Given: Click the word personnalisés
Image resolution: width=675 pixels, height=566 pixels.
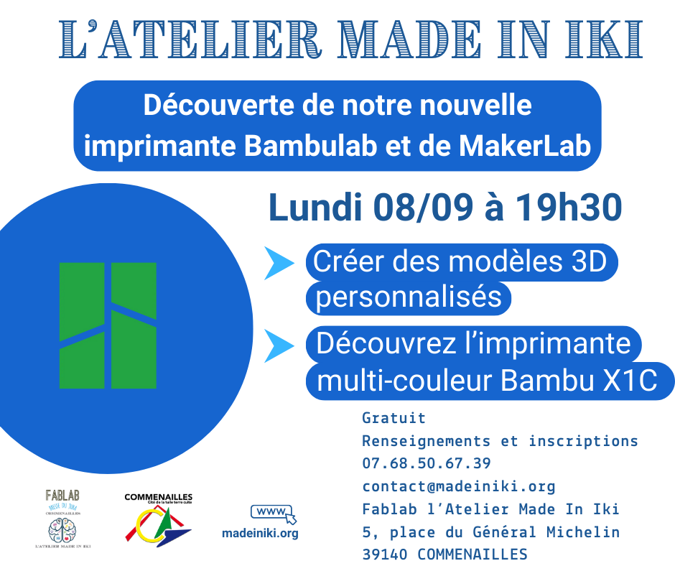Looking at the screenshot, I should [409, 296].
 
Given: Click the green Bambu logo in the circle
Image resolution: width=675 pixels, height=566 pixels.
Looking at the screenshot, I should [108, 325].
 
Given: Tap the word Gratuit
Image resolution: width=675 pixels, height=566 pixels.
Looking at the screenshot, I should [394, 418].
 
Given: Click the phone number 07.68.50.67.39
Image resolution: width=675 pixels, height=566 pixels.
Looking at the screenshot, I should [427, 464].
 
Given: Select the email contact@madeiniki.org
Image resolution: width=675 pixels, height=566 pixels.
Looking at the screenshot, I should [459, 487].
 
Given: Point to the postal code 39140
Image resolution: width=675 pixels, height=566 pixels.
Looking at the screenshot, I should [386, 555].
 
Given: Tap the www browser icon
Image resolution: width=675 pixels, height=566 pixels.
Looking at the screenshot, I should [273, 514].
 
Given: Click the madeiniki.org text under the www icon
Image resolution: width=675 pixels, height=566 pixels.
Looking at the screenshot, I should [260, 534].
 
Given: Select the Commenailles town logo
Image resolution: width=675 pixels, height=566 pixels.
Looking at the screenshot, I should [158, 521].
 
